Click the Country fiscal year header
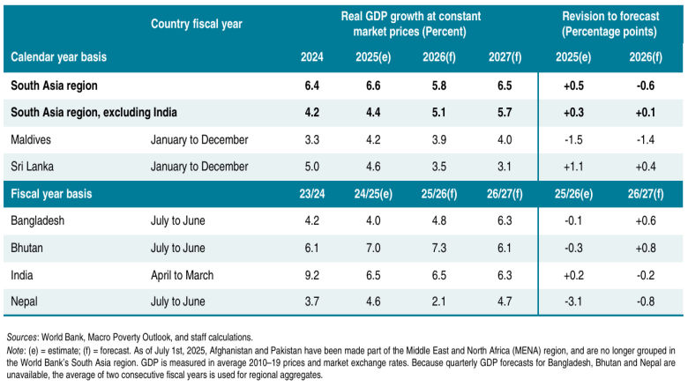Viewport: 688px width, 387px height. click(x=196, y=24)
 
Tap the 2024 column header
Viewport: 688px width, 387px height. click(x=311, y=57)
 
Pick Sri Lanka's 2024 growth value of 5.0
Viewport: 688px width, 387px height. click(x=311, y=165)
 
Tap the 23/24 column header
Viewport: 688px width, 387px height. click(x=311, y=193)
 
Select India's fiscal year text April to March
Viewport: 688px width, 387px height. click(x=182, y=275)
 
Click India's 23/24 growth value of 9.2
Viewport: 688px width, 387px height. click(x=311, y=275)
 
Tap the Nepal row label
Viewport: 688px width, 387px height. click(x=27, y=301)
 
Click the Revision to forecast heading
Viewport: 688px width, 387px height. click(x=609, y=24)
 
